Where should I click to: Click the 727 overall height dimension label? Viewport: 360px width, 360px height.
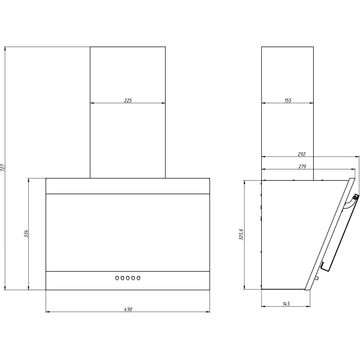[3, 167]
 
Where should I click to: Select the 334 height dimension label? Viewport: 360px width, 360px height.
[26, 234]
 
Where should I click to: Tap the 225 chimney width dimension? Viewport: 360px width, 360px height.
[128, 100]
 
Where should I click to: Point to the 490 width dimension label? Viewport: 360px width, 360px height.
[128, 309]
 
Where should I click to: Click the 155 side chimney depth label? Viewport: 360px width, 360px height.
[288, 100]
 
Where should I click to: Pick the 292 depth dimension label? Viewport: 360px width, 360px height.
[301, 154]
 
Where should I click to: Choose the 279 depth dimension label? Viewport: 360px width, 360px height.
[302, 166]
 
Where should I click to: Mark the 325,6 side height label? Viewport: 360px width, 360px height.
[241, 234]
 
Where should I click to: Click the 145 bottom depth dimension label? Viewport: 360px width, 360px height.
[286, 304]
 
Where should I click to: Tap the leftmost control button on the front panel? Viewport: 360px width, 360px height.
[117, 278]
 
